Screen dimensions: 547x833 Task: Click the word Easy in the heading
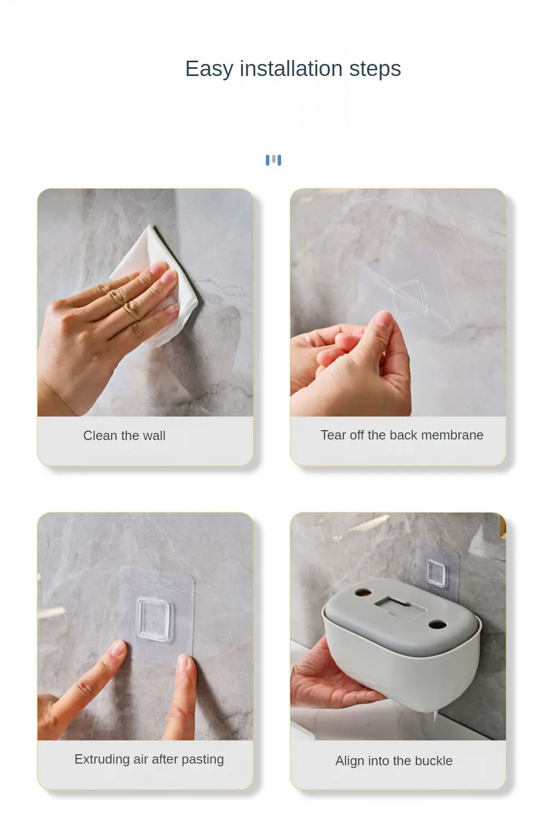click(209, 69)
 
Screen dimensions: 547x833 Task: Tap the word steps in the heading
click(375, 70)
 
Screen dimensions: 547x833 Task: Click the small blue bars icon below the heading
click(273, 160)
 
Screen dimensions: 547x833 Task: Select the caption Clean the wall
click(124, 436)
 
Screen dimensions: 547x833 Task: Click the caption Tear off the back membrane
click(402, 435)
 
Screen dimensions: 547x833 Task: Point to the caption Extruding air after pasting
click(149, 759)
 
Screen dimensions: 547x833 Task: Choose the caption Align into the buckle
click(394, 760)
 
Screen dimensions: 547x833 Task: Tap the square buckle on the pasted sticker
click(153, 619)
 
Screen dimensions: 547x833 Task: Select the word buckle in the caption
click(434, 760)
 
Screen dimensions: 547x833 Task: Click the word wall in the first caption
click(154, 436)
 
